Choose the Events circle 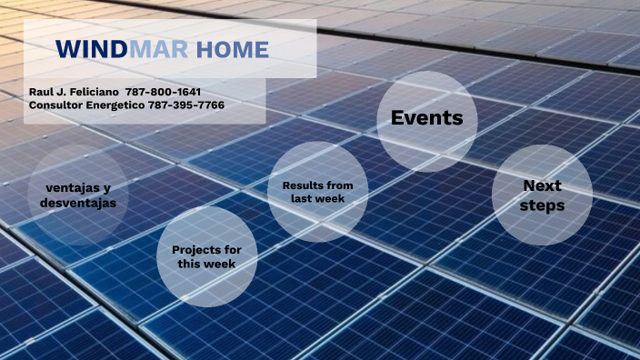click(x=426, y=118)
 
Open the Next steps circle click(x=543, y=195)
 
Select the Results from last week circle click(x=317, y=192)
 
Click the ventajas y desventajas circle click(x=78, y=195)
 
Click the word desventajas click(x=78, y=204)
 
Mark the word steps click(x=543, y=205)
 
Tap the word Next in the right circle click(x=543, y=185)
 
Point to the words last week click(x=317, y=198)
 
